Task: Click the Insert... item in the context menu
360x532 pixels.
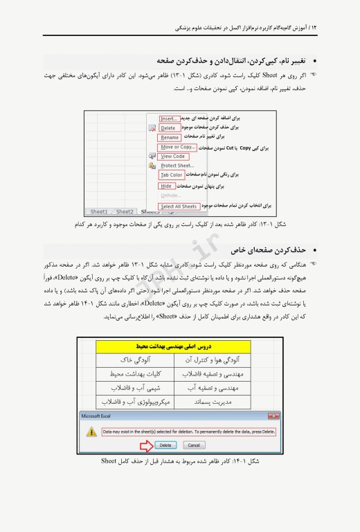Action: (x=169, y=118)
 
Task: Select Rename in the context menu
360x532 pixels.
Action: (x=170, y=137)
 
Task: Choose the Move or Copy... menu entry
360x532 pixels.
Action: (x=177, y=147)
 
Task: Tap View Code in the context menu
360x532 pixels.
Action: (x=173, y=157)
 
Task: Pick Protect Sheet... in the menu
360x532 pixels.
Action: (x=177, y=166)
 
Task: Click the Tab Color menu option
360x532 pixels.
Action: (x=171, y=175)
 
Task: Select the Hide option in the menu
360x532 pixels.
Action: (x=166, y=186)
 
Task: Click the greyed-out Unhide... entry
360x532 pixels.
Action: (x=170, y=195)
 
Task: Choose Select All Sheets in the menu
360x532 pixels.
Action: (x=179, y=206)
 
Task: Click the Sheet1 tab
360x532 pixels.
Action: (x=99, y=212)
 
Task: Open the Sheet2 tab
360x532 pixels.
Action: (x=125, y=212)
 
